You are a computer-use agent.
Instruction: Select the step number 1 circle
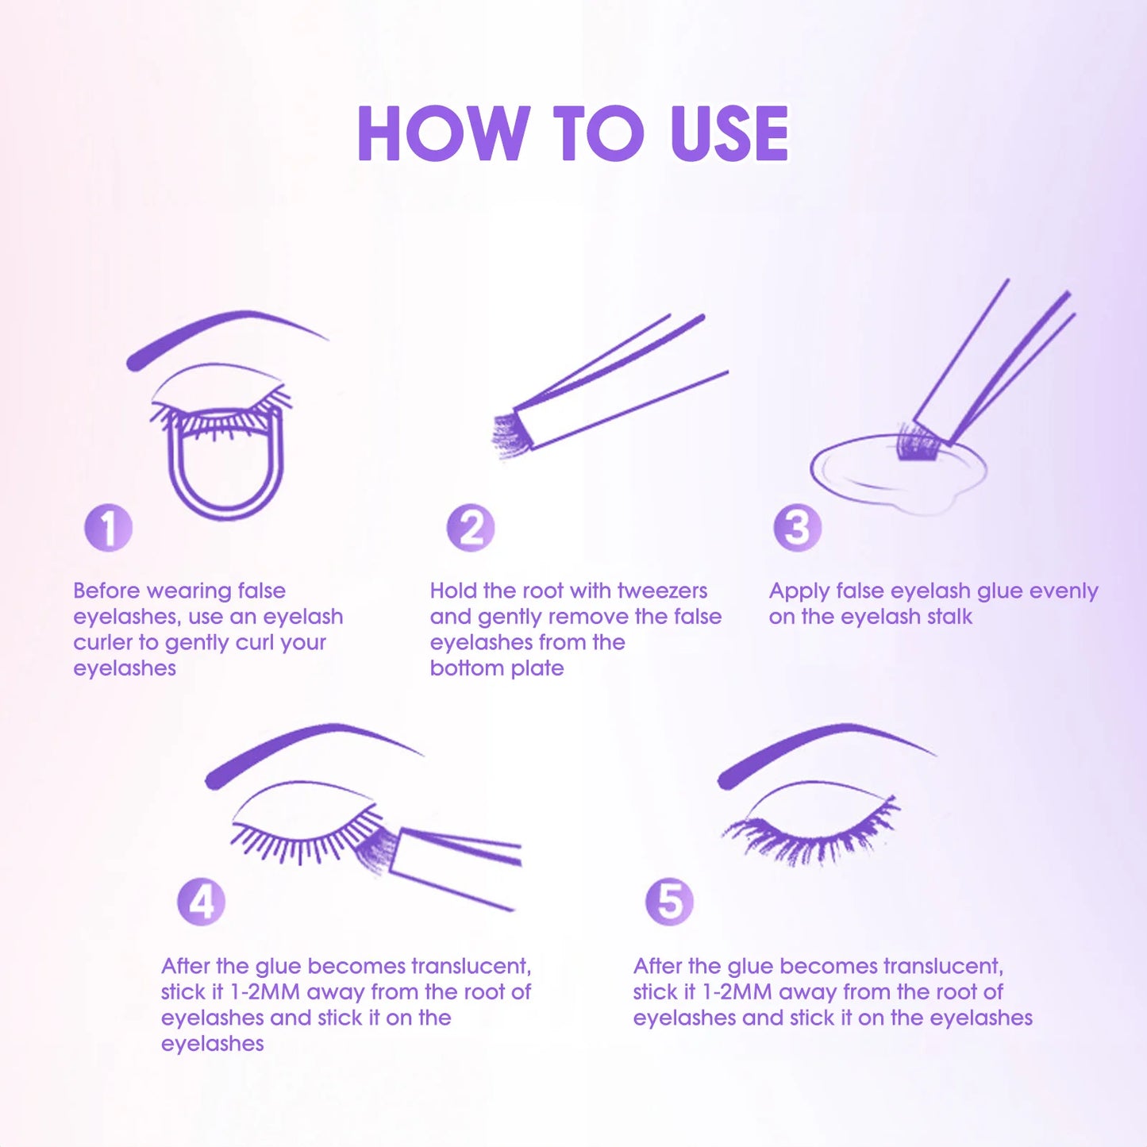click(108, 527)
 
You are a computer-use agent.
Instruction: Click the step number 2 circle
click(470, 527)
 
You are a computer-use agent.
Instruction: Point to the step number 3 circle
click(797, 527)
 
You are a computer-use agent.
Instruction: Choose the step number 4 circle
click(201, 902)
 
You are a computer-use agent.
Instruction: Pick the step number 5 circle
click(670, 902)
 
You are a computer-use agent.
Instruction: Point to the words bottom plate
click(496, 669)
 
